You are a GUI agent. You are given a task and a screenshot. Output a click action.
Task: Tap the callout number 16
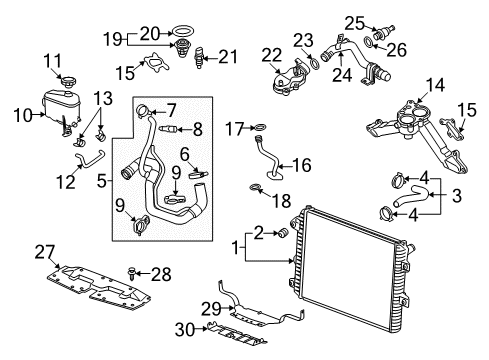(301, 164)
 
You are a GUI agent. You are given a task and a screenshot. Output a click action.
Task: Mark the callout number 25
(353, 20)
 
